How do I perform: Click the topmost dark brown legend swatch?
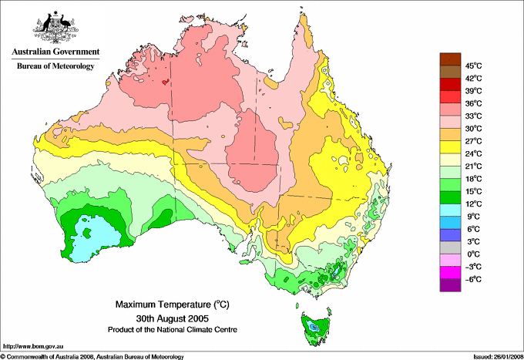[x=448, y=59]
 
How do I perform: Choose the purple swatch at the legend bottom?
[x=448, y=285]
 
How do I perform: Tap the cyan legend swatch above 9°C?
[x=448, y=210]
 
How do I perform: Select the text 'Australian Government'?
[x=55, y=52]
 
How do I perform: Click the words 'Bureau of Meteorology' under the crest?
[x=55, y=66]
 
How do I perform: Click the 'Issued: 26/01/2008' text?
[x=493, y=356]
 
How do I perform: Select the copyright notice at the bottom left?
[x=92, y=356]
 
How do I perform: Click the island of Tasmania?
[x=314, y=327]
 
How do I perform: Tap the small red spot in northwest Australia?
[x=165, y=79]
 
